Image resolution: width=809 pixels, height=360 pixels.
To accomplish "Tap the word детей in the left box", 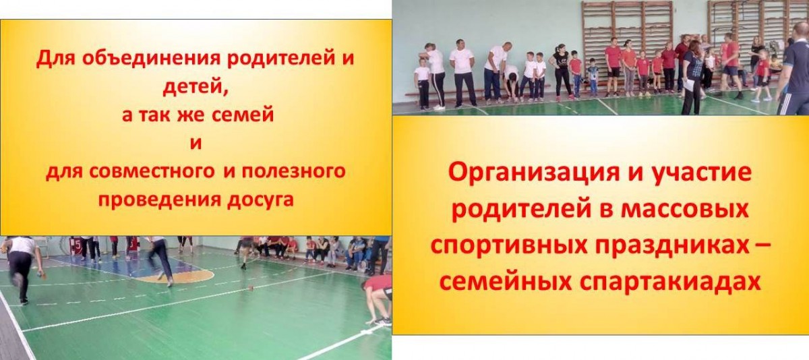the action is tap(196, 87).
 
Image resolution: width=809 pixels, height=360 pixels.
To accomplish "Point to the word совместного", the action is tap(152, 171).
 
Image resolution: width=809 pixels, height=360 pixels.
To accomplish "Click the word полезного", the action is tap(293, 172).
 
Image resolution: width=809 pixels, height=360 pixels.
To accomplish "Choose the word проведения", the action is tap(159, 200).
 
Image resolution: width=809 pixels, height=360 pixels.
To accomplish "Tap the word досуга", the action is tap(260, 200).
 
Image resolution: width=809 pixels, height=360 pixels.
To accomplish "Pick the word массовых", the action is tap(684, 210).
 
